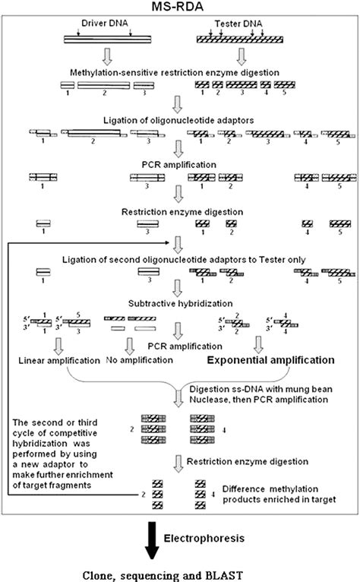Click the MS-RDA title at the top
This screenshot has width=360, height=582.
180,7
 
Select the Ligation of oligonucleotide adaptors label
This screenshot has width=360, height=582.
180,121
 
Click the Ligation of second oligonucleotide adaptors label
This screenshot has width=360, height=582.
180,259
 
